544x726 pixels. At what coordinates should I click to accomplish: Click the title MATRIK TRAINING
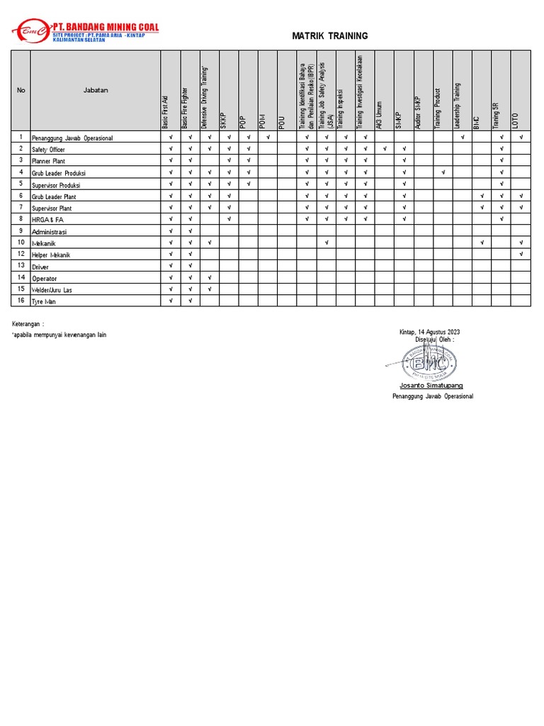[330, 36]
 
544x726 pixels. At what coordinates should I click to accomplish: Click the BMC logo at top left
[30, 31]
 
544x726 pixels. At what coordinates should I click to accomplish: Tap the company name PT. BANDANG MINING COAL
[106, 27]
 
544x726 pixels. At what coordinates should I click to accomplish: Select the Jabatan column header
[96, 90]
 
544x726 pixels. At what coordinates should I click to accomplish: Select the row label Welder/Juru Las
[52, 290]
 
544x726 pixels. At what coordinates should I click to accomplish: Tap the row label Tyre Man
[43, 301]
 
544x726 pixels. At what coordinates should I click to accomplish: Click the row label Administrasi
[49, 231]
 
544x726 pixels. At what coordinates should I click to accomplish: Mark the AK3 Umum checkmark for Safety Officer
[385, 149]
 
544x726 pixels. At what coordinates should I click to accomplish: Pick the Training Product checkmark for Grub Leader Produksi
[443, 172]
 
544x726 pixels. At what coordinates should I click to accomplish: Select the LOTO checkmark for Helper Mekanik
[521, 255]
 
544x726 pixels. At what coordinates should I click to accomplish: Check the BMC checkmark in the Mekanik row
[482, 243]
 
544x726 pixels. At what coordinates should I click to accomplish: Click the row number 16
[21, 301]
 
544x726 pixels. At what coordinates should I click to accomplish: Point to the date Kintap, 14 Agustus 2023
[430, 332]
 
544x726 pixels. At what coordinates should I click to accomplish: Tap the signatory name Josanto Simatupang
[431, 385]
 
